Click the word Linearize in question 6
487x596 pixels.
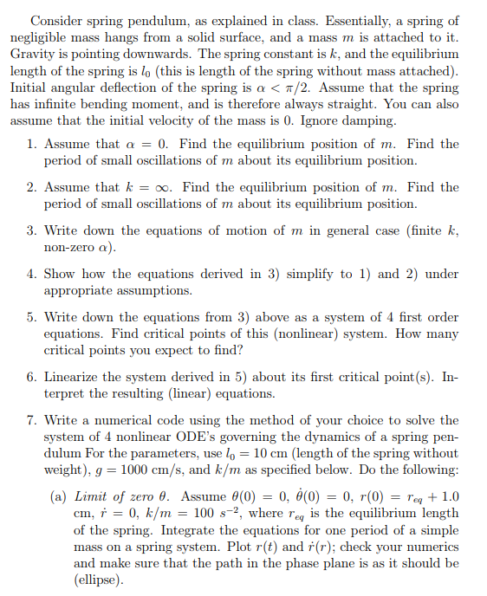(x=77, y=377)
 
